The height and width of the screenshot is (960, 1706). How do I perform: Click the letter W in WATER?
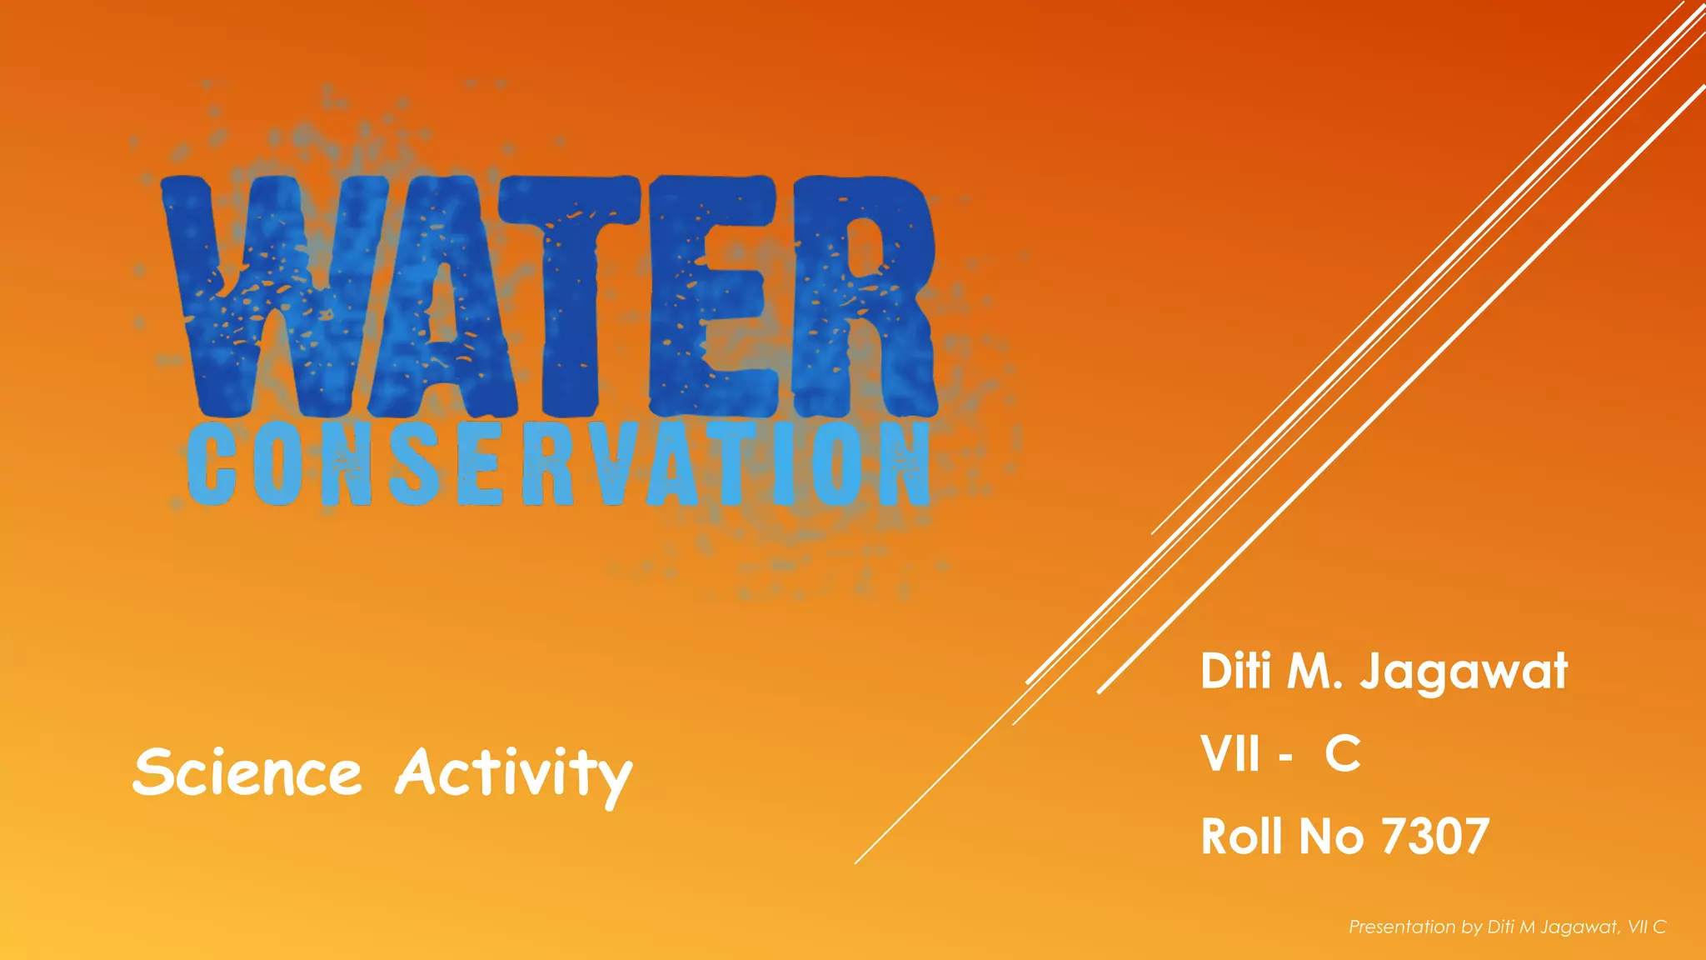[250, 292]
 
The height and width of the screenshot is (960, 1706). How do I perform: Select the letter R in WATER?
[862, 292]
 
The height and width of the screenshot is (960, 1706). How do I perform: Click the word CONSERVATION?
[558, 463]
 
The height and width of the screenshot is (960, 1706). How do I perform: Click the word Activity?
[514, 774]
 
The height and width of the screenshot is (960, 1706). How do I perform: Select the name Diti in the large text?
[1236, 671]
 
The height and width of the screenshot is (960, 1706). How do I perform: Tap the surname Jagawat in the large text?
[1464, 672]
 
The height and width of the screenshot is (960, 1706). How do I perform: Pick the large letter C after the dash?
[1343, 754]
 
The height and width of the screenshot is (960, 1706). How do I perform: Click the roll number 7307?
[1435, 837]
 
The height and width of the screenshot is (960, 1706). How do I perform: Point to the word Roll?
[1241, 837]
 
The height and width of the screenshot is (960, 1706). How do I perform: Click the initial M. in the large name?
[1314, 671]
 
